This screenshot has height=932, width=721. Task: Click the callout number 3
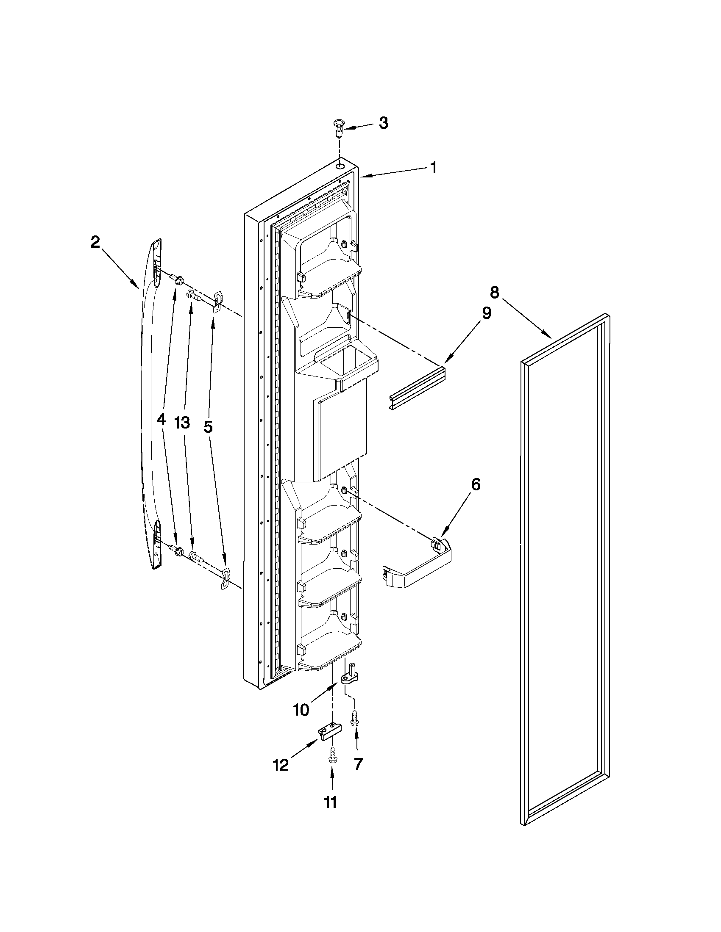pos(383,123)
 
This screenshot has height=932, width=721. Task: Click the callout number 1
pos(433,168)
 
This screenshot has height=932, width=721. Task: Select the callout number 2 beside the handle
pos(95,242)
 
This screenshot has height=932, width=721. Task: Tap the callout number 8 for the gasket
pos(494,293)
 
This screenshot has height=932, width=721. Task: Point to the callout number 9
pos(487,313)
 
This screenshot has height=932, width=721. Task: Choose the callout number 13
pos(182,423)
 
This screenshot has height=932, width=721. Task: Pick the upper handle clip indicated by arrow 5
pos(217,299)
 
